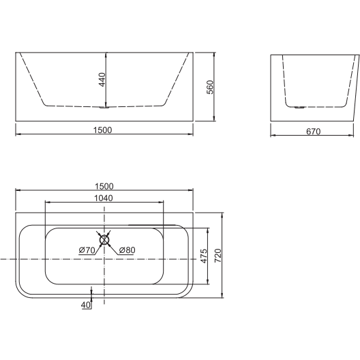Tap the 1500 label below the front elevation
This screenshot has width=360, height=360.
click(104, 129)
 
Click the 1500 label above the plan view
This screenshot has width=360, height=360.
click(104, 185)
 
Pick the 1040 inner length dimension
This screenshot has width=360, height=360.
click(104, 198)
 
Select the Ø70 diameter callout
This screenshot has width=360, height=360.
click(87, 250)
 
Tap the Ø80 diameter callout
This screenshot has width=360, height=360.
click(127, 250)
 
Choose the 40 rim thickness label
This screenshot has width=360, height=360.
click(86, 305)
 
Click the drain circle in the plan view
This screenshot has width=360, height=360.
click(104, 238)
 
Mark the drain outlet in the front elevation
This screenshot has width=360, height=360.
click(104, 106)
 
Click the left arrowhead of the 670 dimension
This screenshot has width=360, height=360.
click(273, 134)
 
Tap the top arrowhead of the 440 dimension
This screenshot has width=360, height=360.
click(105, 55)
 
